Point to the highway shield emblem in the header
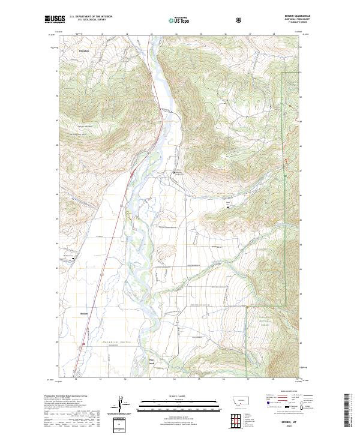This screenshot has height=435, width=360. click(239, 20)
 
